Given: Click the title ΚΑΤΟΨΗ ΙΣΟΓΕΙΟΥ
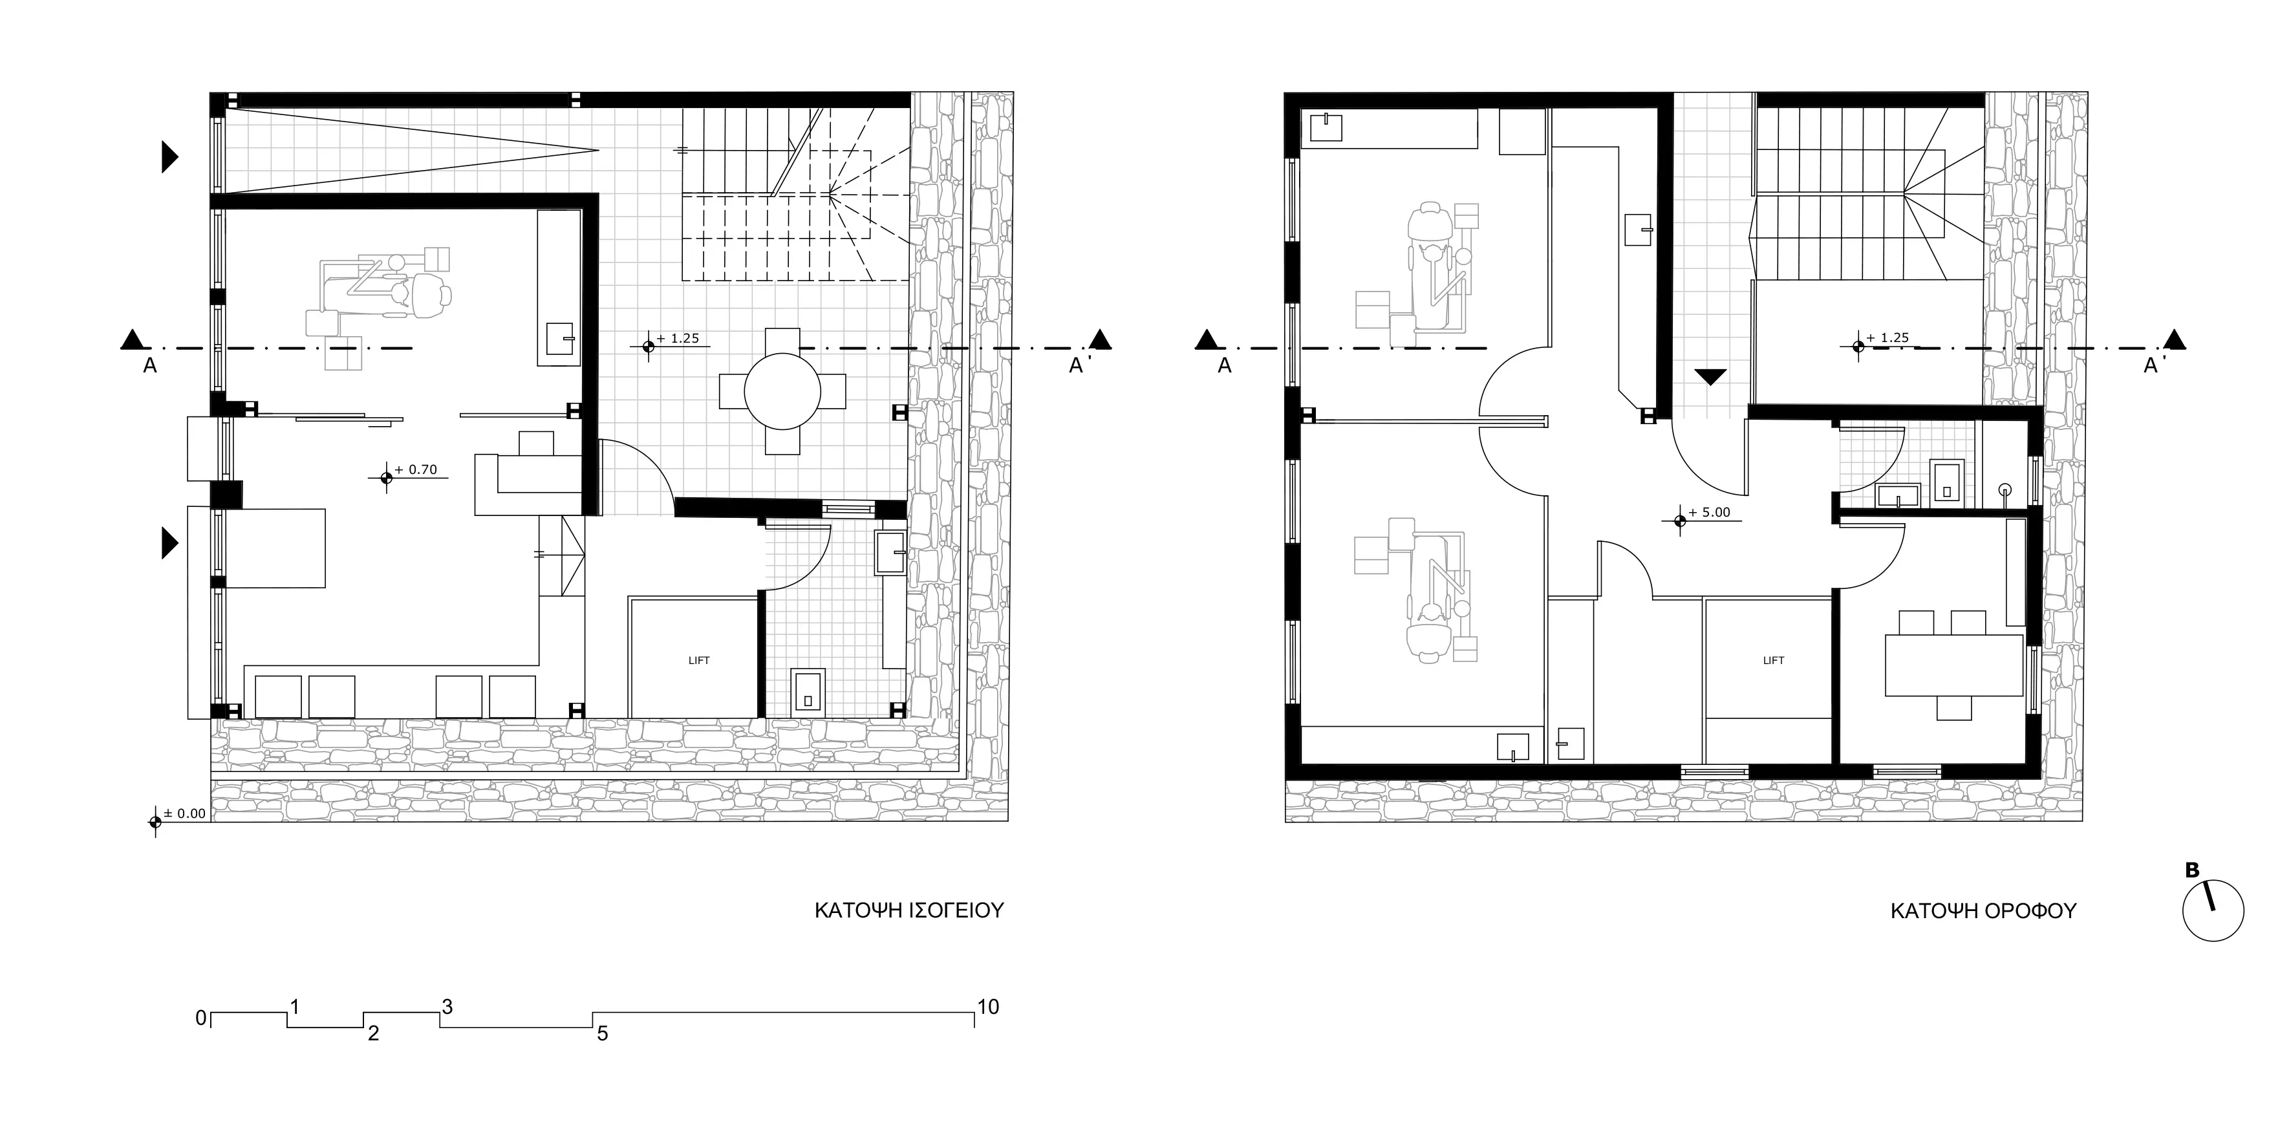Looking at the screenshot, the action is click(909, 910).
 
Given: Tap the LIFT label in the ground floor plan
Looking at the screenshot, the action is click(699, 661).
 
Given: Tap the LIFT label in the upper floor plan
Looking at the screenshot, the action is click(1774, 661).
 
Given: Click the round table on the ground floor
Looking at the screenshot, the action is click(782, 391).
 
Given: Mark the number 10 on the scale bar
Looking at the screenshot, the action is click(988, 1007).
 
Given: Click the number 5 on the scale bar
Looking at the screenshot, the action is click(602, 1034).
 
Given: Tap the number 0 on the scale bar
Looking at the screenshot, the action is click(201, 1018).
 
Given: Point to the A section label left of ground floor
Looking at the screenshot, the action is click(150, 365).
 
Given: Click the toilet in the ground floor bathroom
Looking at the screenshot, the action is click(808, 692).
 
